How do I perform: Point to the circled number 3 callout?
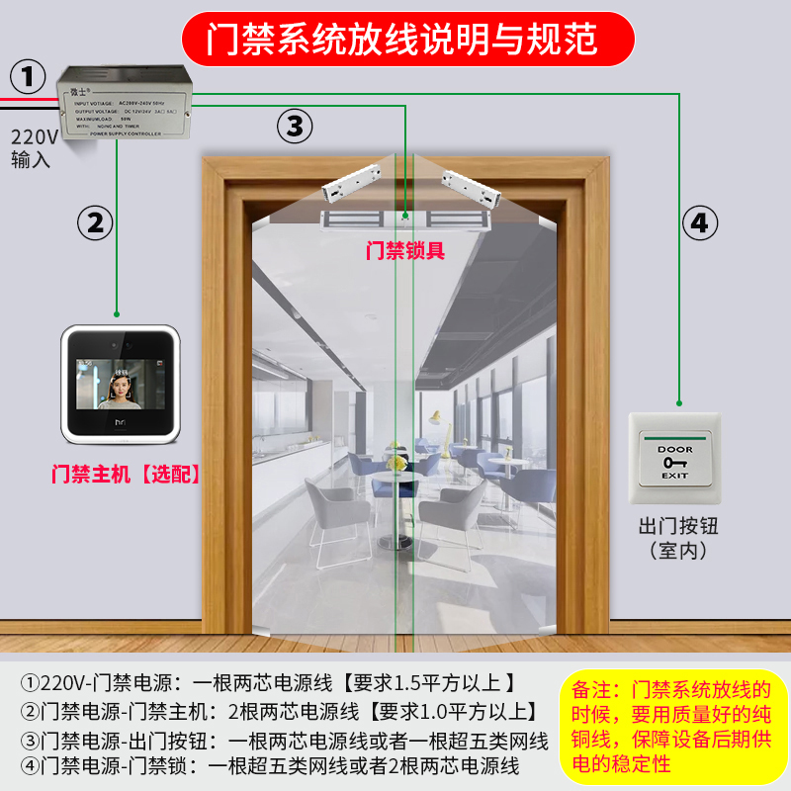pyautogui.click(x=294, y=126)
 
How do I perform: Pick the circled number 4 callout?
pyautogui.click(x=698, y=224)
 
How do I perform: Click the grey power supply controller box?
pyautogui.click(x=125, y=102)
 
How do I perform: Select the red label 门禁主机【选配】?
pyautogui.click(x=126, y=474)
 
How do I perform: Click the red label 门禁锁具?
pyautogui.click(x=405, y=250)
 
